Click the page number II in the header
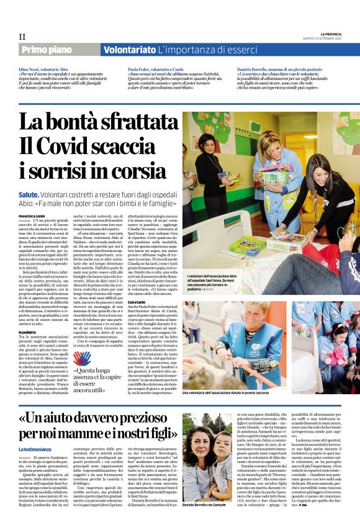[x=22, y=37]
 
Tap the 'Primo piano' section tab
[x=46, y=49]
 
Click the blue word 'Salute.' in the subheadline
[x=32, y=195]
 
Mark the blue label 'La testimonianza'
[x=35, y=449]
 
